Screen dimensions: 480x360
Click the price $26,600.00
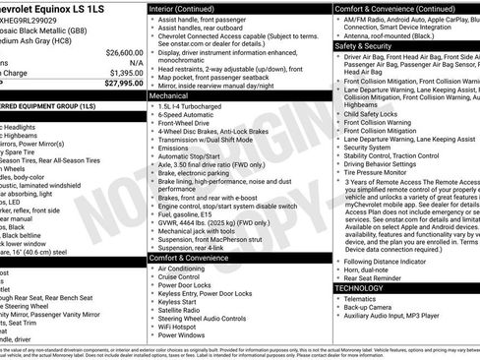(117, 51)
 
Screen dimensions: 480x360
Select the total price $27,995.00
(117, 84)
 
